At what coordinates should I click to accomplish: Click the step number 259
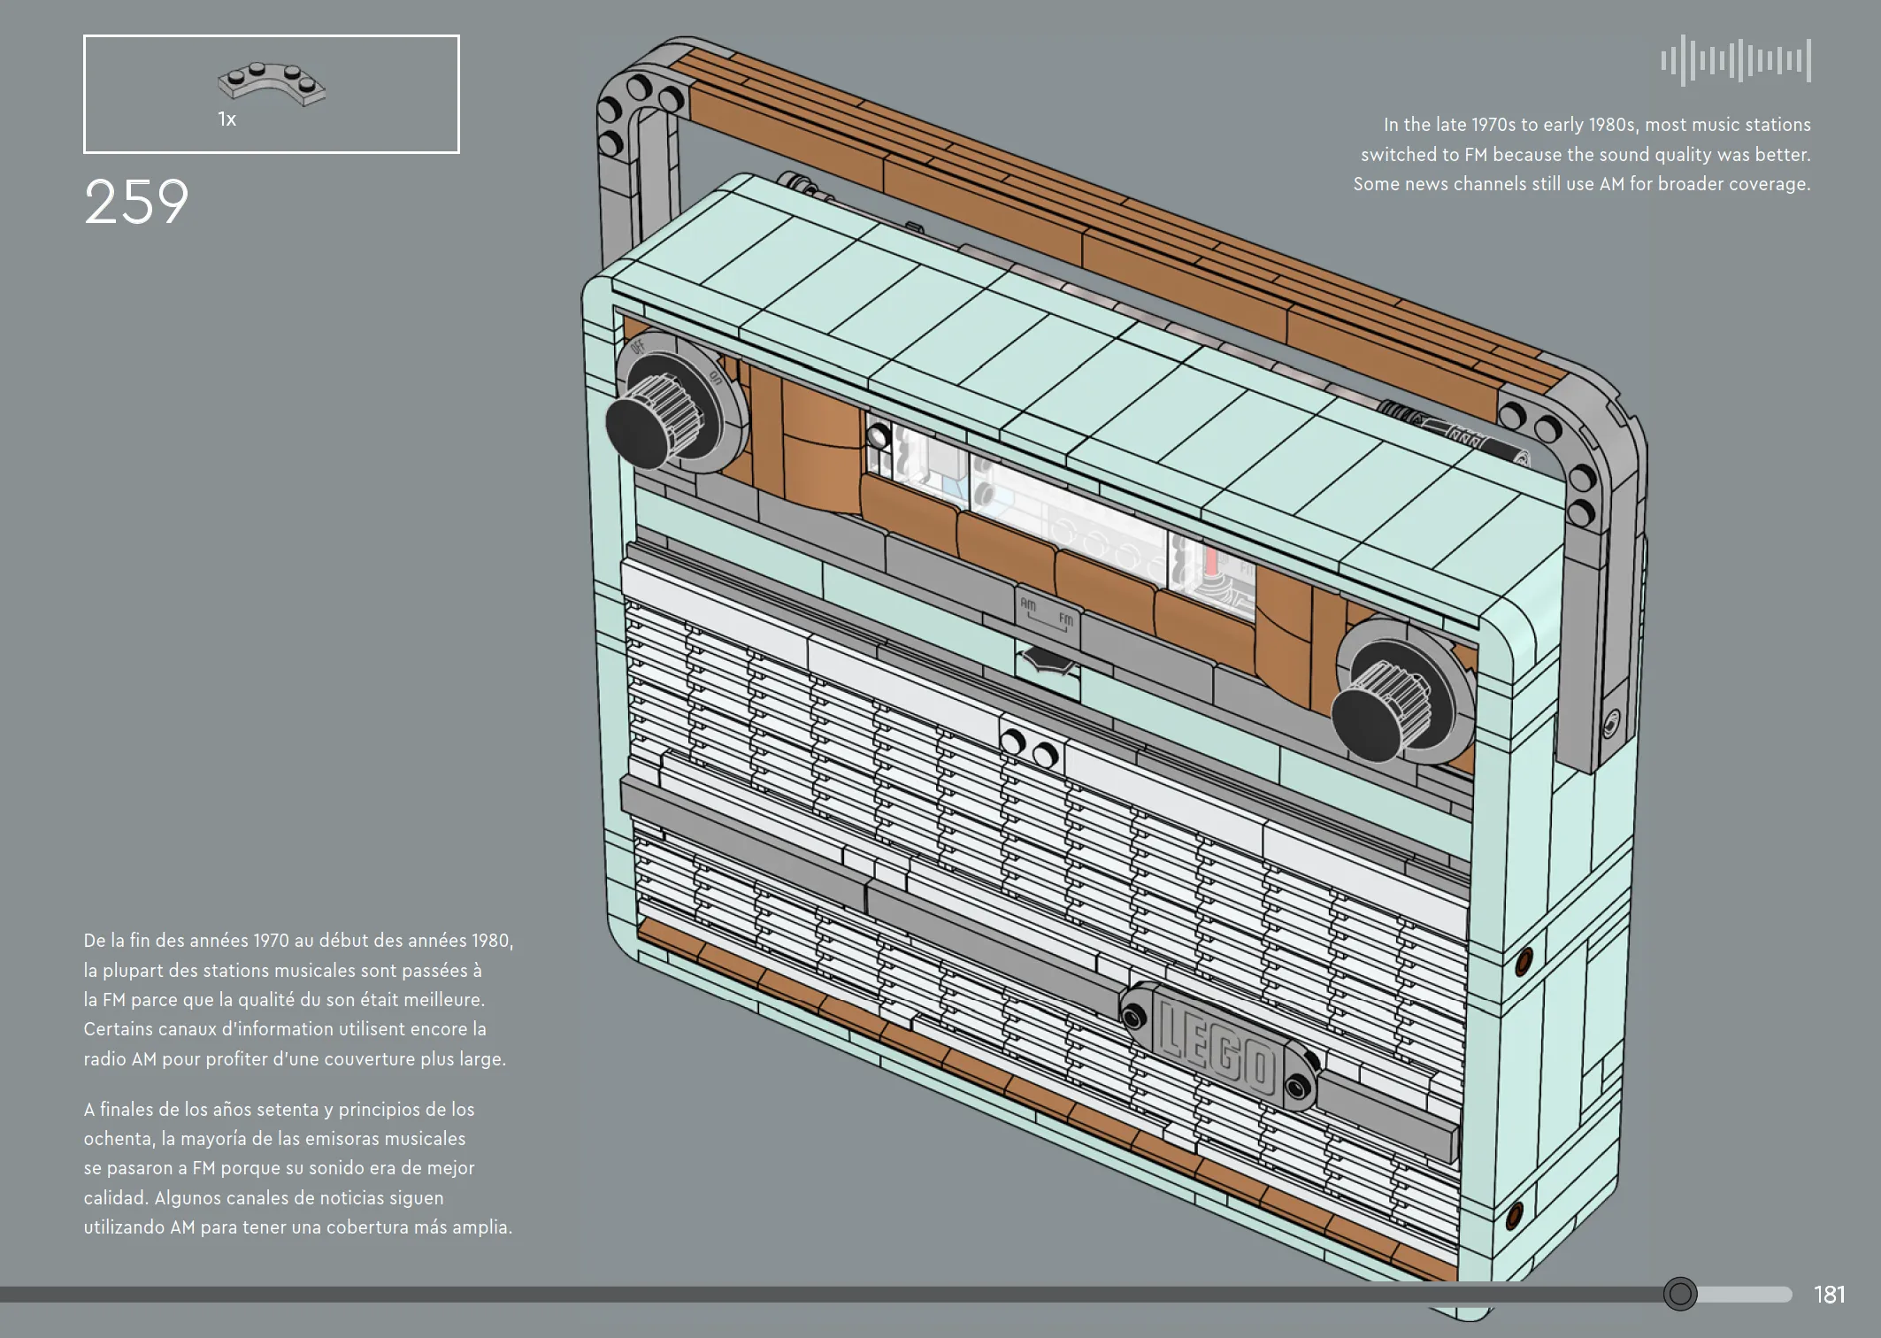[x=136, y=202]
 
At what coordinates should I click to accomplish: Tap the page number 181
[x=1829, y=1295]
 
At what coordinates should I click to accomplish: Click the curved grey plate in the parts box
[x=272, y=84]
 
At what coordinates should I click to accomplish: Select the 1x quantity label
[x=226, y=119]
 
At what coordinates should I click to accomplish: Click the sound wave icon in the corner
[x=1736, y=60]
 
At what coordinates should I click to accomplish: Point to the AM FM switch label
[x=1047, y=611]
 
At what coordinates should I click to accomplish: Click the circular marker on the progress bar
[x=1679, y=1294]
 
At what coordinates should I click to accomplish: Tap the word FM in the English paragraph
[x=1476, y=155]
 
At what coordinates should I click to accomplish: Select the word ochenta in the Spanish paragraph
[x=118, y=1139]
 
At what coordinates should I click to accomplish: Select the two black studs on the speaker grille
[x=1029, y=748]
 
